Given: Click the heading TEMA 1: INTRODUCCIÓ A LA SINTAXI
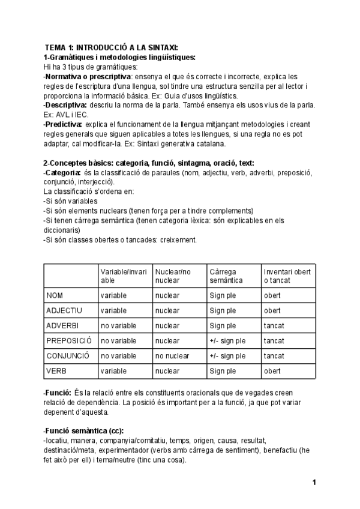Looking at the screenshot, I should tap(112, 48).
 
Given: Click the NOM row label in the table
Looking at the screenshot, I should tap(56, 295).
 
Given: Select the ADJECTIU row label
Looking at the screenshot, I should tap(64, 310).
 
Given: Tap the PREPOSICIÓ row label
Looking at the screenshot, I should tap(68, 340).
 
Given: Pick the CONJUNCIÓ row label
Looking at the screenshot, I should tap(68, 355).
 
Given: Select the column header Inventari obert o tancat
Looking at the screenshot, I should tap(287, 276).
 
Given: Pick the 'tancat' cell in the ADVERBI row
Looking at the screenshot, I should tap(274, 325).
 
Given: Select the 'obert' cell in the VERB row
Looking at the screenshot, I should tap(272, 370).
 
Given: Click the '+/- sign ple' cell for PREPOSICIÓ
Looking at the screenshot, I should tap(227, 340).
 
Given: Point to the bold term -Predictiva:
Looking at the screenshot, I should tap(63, 124).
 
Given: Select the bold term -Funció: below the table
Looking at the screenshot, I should tap(58, 392).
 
